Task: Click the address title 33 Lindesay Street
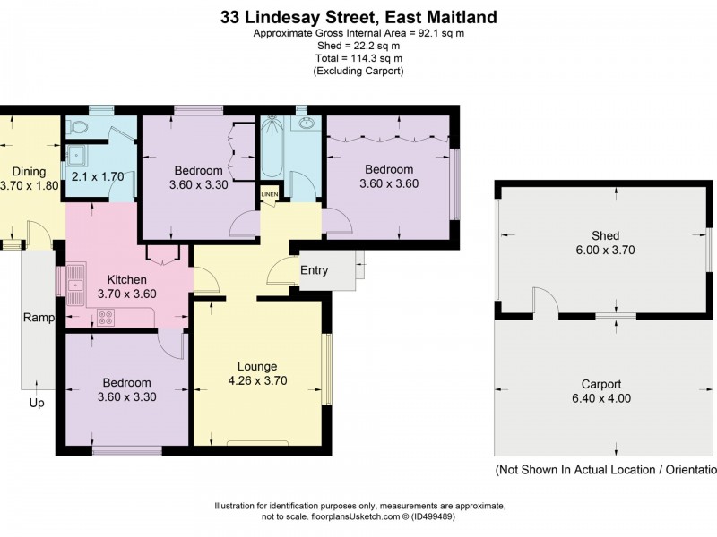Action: click(358, 17)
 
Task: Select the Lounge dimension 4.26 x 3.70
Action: click(258, 380)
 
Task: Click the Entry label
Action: click(314, 270)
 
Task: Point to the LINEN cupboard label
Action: click(269, 194)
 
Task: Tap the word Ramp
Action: click(39, 318)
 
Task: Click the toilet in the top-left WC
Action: click(78, 126)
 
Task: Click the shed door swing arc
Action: click(546, 302)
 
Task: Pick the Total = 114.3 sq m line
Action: click(358, 58)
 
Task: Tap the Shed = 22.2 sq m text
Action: click(358, 46)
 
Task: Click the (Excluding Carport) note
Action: click(358, 71)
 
